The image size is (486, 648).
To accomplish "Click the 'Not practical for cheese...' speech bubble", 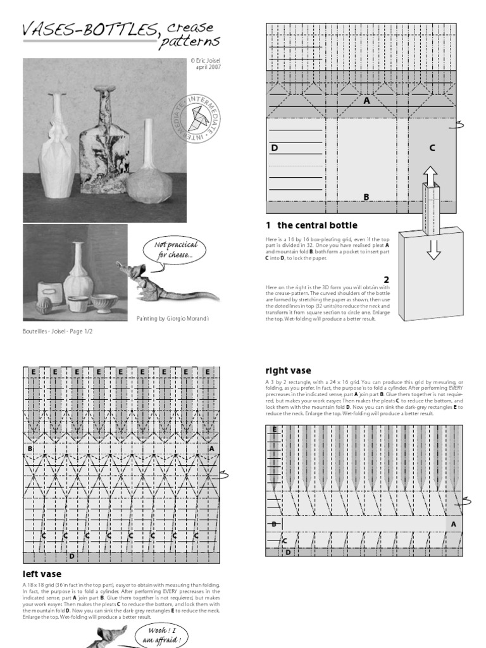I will point(171,249).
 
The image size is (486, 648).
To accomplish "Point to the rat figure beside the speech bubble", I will point(165,285).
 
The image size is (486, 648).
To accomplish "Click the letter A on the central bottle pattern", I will point(366,100).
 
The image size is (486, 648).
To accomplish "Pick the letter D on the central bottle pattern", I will point(275,148).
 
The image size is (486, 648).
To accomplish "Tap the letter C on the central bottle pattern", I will point(432,148).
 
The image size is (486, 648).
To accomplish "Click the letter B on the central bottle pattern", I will point(366,197).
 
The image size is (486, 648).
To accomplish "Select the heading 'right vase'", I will point(288,371).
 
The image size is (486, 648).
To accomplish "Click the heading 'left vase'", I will point(42,574).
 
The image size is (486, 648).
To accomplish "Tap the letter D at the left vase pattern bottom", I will point(72,556).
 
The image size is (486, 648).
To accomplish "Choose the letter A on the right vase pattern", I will point(453,524).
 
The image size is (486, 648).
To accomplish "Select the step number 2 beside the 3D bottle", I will point(385,279).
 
